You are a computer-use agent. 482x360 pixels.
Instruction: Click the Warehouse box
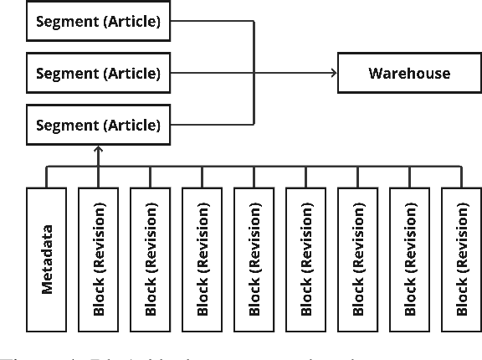point(409,73)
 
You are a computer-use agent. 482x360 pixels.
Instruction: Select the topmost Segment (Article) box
point(97,21)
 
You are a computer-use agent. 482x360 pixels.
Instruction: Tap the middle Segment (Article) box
point(97,73)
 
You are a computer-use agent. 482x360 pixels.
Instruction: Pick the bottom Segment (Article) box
point(97,126)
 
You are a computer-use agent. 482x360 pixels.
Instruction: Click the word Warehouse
point(409,73)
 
